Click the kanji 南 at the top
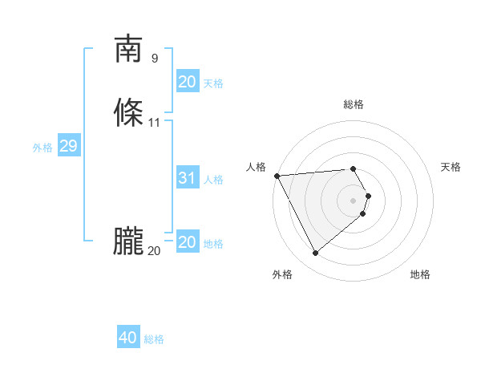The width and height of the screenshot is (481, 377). tap(128, 49)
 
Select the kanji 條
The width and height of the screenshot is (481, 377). tap(128, 113)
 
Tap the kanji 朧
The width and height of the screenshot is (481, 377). tap(128, 241)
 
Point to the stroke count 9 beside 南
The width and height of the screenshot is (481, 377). tap(155, 59)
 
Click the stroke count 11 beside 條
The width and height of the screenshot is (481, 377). tap(155, 123)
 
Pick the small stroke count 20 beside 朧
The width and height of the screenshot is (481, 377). tap(154, 251)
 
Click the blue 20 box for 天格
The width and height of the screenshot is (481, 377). tap(187, 82)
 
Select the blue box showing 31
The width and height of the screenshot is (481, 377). tap(187, 178)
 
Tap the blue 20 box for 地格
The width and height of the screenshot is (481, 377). tap(187, 242)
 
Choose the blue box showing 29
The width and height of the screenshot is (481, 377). tap(68, 146)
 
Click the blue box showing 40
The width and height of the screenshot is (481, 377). tap(128, 338)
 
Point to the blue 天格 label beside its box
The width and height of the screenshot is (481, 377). tap(213, 83)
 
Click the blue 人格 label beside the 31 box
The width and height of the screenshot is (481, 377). tap(213, 180)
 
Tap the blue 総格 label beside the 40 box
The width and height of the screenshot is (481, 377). tap(154, 339)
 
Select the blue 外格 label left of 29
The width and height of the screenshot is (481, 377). tap(42, 148)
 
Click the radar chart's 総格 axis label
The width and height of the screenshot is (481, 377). tap(354, 104)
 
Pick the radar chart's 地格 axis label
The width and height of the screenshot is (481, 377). tap(420, 274)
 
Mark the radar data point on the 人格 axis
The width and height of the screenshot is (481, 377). tap(277, 176)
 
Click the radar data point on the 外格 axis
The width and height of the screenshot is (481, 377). tap(315, 253)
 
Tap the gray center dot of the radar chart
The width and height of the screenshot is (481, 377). tap(354, 200)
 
